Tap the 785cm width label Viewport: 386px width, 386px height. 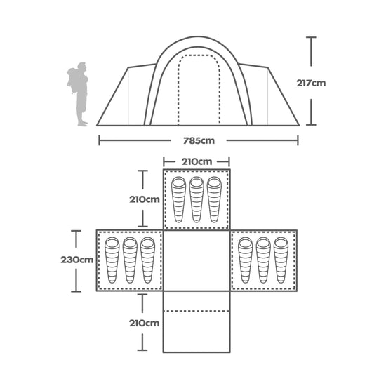(x=197, y=140)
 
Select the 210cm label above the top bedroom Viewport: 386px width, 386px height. (x=197, y=161)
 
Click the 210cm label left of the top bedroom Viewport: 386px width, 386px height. (x=144, y=199)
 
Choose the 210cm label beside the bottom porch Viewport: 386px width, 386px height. (x=144, y=323)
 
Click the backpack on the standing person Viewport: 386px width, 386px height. (x=72, y=79)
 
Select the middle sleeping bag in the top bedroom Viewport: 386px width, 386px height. (x=197, y=199)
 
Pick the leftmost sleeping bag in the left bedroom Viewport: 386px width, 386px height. (x=112, y=260)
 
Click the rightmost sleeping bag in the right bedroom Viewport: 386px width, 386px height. (x=281, y=260)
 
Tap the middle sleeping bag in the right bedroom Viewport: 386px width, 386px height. (x=263, y=260)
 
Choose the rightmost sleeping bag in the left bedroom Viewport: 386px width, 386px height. (x=147, y=260)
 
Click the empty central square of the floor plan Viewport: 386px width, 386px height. (x=197, y=260)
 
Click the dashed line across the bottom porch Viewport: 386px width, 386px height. (x=197, y=311)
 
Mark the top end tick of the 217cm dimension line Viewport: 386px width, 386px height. (x=311, y=38)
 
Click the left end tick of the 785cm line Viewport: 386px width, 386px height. (x=99, y=140)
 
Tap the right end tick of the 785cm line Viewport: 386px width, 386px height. (x=298, y=140)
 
